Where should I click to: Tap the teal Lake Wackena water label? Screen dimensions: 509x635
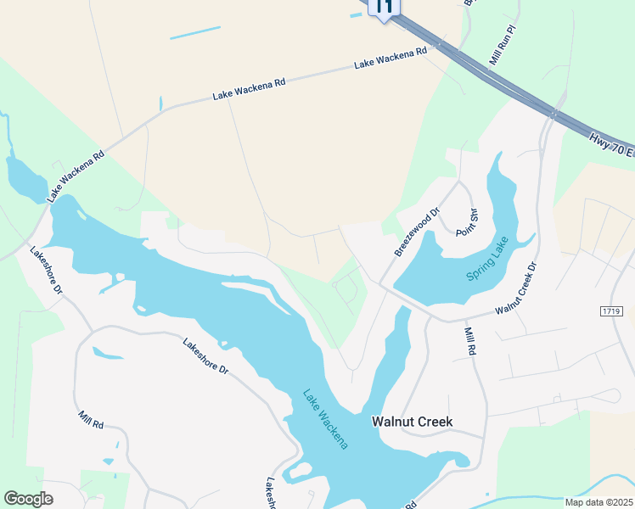click(x=326, y=419)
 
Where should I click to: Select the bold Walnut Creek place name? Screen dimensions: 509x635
click(x=413, y=422)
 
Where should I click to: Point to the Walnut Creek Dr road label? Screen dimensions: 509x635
click(x=517, y=288)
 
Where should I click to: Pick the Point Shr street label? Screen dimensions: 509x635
click(x=469, y=223)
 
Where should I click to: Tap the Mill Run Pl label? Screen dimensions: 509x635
click(x=503, y=46)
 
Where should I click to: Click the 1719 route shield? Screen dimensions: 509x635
click(x=612, y=311)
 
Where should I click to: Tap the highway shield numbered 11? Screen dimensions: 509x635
click(x=384, y=7)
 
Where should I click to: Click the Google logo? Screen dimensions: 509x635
click(x=28, y=499)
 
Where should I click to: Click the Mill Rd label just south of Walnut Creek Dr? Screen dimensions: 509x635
click(x=471, y=343)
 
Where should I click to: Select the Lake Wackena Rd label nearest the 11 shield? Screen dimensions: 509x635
click(x=391, y=58)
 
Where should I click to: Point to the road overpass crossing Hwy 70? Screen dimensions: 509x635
click(x=554, y=112)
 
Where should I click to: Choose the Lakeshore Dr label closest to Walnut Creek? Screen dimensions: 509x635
click(x=206, y=356)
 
